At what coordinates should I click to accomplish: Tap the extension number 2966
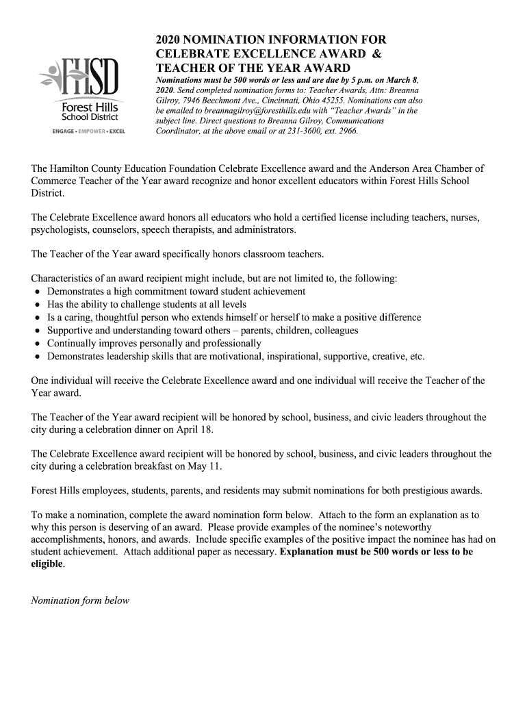click(x=345, y=131)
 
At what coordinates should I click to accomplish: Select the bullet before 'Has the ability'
click(x=37, y=305)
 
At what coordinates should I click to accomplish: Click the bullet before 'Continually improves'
click(x=37, y=344)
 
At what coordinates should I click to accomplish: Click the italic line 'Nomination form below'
click(x=80, y=600)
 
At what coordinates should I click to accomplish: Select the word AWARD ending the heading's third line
click(x=327, y=68)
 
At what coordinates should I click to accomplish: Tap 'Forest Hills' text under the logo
click(x=90, y=107)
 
